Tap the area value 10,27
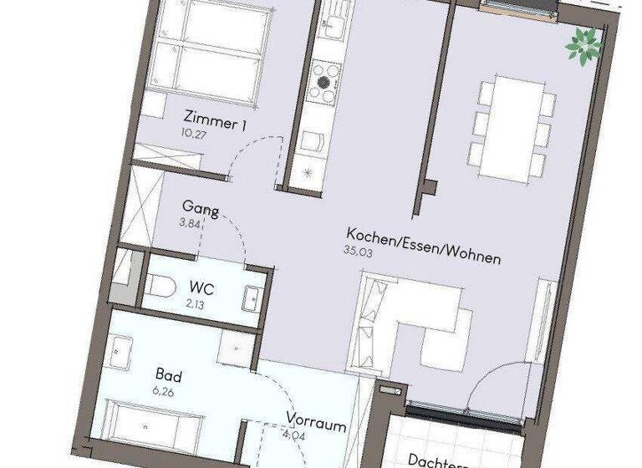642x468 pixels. [191, 131]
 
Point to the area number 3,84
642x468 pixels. [191, 224]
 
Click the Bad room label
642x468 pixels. [168, 376]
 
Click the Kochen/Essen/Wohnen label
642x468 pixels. [424, 247]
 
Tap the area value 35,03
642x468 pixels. [356, 249]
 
